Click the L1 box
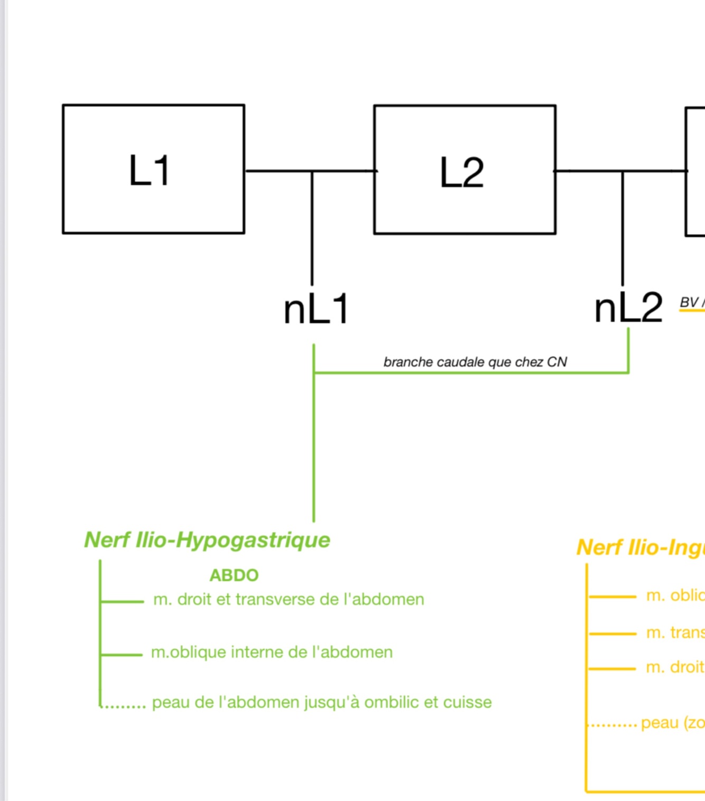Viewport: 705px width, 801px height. click(x=153, y=169)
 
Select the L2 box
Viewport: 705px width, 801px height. click(x=465, y=170)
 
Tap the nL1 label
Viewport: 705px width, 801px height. click(x=316, y=309)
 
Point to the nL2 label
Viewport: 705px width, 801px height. click(x=628, y=308)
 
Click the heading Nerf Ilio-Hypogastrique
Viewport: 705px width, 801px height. click(x=207, y=540)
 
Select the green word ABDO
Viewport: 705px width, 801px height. click(x=234, y=575)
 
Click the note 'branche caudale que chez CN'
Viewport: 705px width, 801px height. click(x=475, y=362)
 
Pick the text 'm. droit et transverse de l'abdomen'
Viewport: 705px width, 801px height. click(x=289, y=599)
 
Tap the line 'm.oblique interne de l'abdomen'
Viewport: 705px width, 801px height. click(x=272, y=652)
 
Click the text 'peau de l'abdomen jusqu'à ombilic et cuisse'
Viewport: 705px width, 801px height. click(x=322, y=702)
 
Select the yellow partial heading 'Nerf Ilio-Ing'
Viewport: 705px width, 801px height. click(x=640, y=547)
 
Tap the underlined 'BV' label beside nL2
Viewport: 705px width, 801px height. click(x=689, y=302)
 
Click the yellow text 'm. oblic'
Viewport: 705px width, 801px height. click(x=675, y=595)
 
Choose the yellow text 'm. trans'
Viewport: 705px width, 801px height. click(x=675, y=632)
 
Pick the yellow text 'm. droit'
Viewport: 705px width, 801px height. click(x=675, y=667)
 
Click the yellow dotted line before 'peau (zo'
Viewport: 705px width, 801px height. click(x=613, y=725)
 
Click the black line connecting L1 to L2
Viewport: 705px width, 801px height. click(x=280, y=171)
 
